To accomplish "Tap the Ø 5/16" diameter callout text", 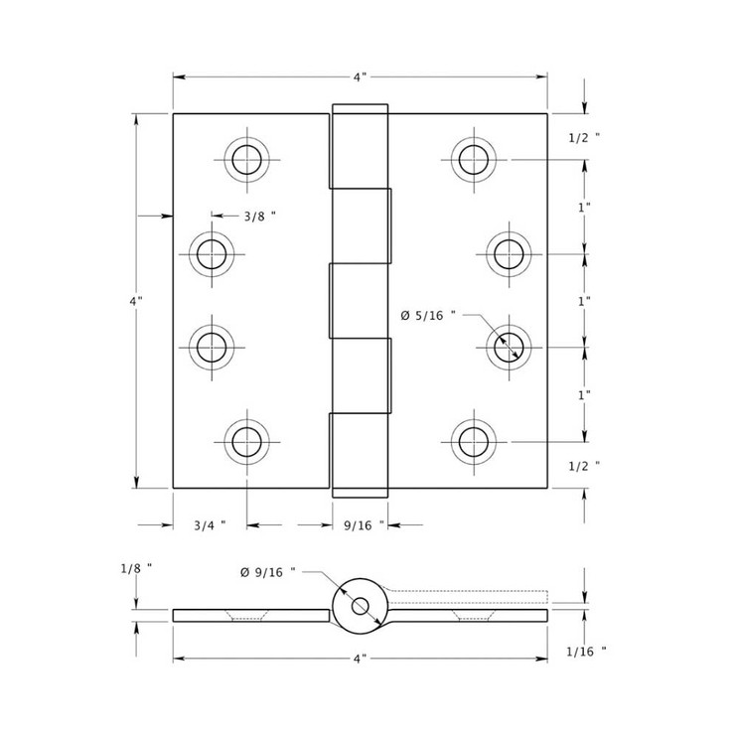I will coord(428,315).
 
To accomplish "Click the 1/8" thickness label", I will coord(136,569).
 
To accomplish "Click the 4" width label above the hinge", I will coord(360,76).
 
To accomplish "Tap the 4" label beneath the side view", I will coord(360,658).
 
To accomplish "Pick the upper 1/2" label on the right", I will coord(585,138).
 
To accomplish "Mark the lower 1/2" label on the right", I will coord(585,465).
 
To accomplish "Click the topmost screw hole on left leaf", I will coord(245,159).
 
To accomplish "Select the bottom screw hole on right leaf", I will coord(474,440).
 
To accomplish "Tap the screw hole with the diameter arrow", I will coord(510,347).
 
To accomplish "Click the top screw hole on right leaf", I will coord(474,159).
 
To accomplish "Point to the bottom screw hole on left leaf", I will coord(245,440).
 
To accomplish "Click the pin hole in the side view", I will coord(359,606).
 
